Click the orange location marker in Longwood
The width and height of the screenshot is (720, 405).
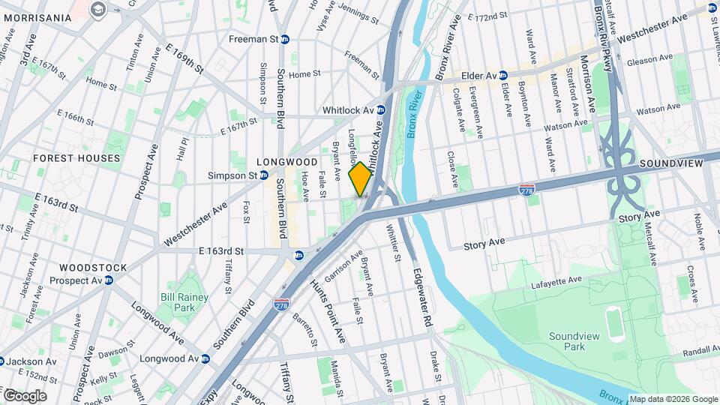(x=360, y=178)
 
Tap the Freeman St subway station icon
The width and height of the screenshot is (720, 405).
(x=285, y=39)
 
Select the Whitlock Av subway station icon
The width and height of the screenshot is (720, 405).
(x=381, y=109)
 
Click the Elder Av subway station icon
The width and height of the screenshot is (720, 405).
(x=502, y=76)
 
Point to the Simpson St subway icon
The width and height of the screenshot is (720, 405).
(x=264, y=175)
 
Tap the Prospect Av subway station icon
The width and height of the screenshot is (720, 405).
(x=109, y=280)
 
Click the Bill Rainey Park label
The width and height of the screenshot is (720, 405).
(x=184, y=302)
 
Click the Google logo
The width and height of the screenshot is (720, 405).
(x=25, y=396)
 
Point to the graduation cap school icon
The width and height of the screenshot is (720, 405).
(x=97, y=9)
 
